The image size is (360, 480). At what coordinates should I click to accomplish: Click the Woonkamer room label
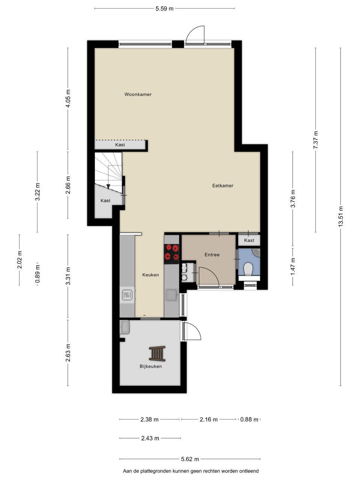point(138,94)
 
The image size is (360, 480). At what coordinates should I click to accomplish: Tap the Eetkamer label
point(223,186)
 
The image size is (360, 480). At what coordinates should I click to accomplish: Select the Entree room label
point(212,255)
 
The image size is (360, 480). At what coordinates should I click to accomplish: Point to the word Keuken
point(151,275)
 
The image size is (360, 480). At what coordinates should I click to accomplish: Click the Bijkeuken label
point(151,366)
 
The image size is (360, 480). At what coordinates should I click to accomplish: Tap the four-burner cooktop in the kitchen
point(171,254)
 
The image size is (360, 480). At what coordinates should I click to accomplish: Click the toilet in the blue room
point(248,269)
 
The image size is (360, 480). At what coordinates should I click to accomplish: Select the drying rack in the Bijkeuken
point(157,353)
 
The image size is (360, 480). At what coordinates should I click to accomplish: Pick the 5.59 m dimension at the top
point(164,9)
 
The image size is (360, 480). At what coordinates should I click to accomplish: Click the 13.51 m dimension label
point(340,216)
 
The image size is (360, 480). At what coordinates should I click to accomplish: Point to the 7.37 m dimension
point(315,140)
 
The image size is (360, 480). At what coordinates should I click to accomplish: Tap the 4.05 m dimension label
point(68,98)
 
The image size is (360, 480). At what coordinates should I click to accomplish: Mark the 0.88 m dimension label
point(249,419)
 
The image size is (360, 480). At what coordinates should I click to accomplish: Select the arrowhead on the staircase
point(108,186)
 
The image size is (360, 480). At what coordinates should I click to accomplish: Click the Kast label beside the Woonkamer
point(120,145)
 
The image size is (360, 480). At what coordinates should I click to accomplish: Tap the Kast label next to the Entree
point(249,240)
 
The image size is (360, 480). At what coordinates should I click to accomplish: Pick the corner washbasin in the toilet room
point(256,252)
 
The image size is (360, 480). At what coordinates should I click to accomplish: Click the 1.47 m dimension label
point(292,267)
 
